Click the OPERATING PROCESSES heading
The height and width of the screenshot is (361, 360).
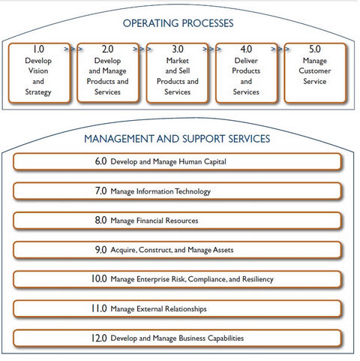178,23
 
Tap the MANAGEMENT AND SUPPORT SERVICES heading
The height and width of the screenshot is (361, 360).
177,139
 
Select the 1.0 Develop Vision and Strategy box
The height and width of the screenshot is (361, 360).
39,73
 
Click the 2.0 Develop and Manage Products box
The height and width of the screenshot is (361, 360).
108,73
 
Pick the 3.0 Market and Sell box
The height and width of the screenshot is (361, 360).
177,73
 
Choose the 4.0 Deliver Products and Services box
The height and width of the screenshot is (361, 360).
246,73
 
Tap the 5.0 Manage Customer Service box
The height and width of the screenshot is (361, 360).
315,73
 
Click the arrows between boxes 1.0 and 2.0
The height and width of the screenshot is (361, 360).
73,49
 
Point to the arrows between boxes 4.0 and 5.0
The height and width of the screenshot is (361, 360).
280,49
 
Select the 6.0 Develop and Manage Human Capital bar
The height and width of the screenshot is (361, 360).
177,161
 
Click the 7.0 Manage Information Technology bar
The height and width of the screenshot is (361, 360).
177,191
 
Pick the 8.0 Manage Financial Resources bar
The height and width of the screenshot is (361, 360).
177,221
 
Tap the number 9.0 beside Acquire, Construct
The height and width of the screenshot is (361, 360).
100,250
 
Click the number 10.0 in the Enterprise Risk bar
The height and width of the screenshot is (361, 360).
99,279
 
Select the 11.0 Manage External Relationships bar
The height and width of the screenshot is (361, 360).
177,308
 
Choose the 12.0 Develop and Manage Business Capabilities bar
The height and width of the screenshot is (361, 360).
177,338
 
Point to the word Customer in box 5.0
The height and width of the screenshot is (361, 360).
315,71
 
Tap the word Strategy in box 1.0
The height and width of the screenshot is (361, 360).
38,92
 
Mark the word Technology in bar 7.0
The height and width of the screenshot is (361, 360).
193,191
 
